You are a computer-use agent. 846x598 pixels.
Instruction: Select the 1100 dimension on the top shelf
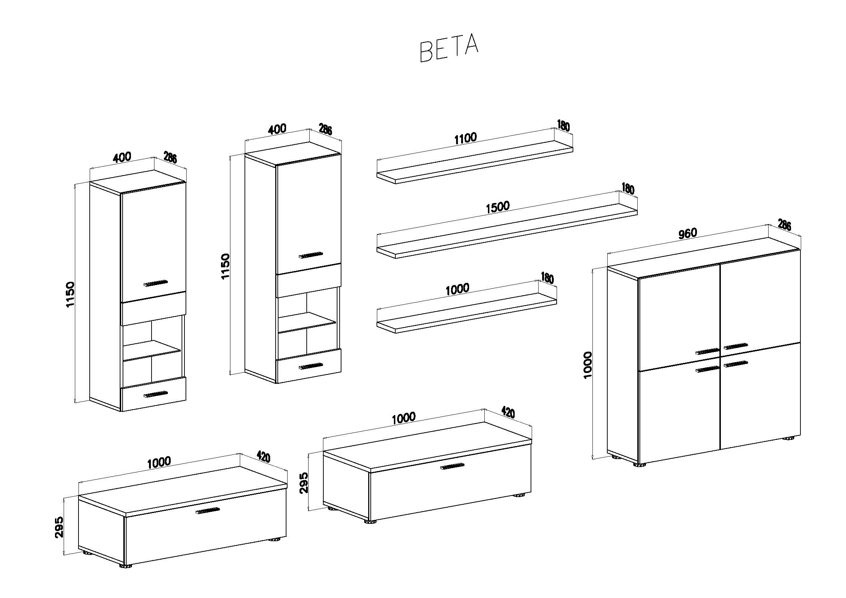coord(465,139)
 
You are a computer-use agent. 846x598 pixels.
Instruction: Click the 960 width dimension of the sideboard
coord(688,233)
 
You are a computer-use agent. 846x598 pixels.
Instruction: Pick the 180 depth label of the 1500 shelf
coord(628,188)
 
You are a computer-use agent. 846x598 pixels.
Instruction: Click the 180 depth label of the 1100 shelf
coord(564,126)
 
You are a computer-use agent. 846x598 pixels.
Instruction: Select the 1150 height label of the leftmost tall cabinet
coord(70,294)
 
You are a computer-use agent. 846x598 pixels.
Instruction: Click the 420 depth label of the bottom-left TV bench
coord(263,457)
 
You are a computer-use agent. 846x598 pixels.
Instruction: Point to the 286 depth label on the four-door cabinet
coord(785,224)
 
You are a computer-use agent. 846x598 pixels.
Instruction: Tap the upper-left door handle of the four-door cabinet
coord(707,351)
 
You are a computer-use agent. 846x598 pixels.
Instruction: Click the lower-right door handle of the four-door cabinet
coord(736,364)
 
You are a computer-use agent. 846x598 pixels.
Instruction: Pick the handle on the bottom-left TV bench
coord(208,511)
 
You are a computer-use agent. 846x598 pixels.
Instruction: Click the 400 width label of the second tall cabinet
coord(277,128)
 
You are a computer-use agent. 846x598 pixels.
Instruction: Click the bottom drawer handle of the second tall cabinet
coord(311,366)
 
